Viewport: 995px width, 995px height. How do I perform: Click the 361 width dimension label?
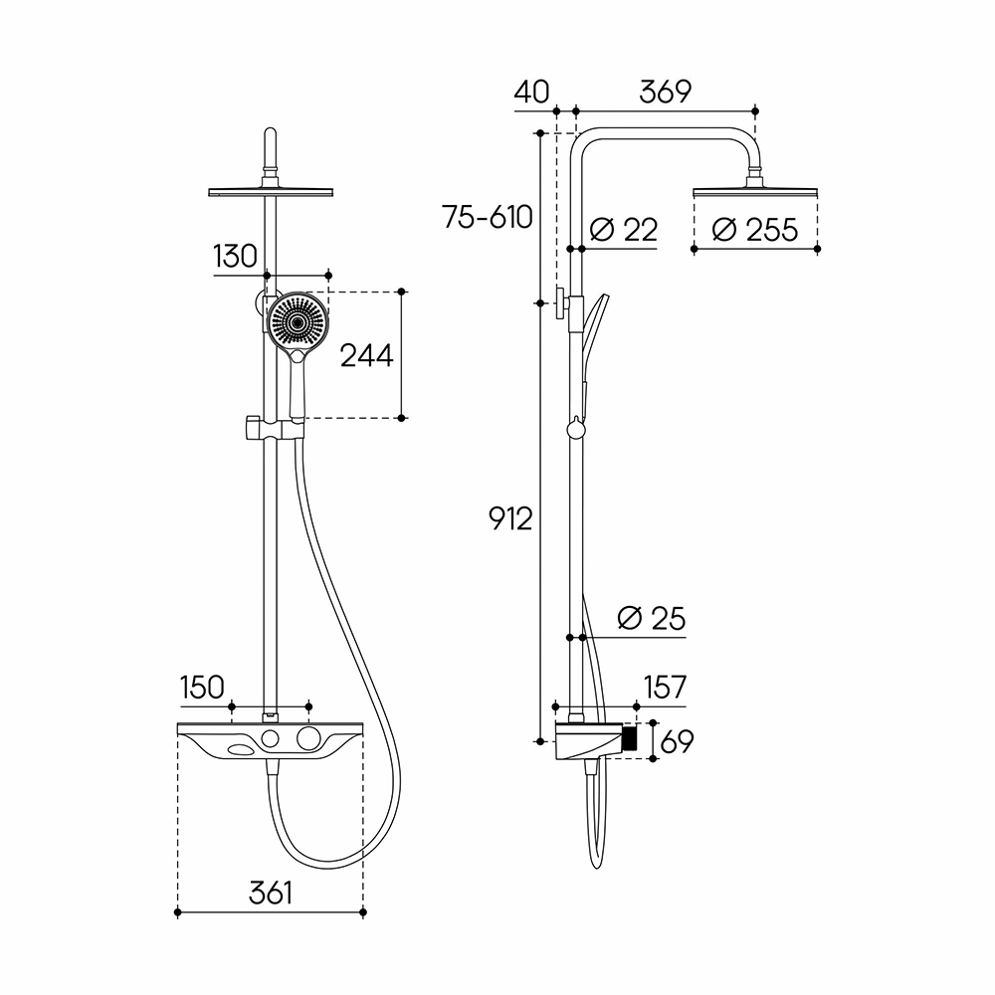point(271,893)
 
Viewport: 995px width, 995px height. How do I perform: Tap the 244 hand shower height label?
point(367,355)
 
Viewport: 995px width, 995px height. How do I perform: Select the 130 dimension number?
point(236,257)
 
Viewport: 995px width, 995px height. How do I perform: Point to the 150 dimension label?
point(202,688)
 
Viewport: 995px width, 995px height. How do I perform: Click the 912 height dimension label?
point(510,519)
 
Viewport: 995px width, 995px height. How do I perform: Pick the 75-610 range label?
point(488,217)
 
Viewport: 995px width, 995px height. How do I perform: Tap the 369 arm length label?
point(665,92)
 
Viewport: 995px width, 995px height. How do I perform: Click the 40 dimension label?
point(531,92)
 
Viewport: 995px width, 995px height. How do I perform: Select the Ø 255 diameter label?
point(754,229)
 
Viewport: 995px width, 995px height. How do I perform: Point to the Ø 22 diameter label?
point(623,229)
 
